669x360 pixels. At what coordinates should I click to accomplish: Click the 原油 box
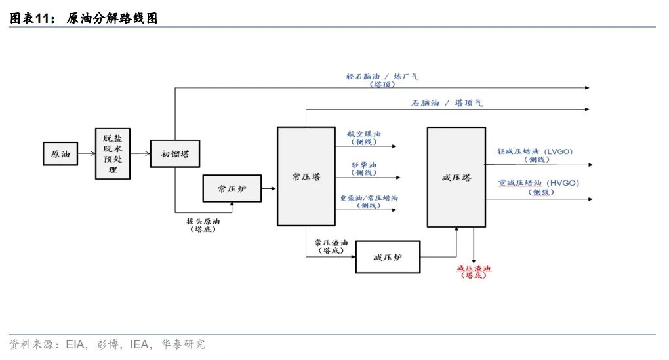[59, 154]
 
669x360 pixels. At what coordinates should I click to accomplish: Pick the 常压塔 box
[306, 177]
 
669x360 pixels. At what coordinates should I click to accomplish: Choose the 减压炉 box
[387, 256]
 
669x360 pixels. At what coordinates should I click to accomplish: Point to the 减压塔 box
[456, 177]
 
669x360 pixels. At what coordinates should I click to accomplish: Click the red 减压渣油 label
[474, 272]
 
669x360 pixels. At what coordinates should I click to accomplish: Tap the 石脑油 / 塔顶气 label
[447, 103]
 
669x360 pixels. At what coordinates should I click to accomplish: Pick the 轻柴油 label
[364, 165]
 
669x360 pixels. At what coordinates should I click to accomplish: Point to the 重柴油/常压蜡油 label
[368, 197]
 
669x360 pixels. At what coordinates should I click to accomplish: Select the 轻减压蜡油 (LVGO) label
[535, 151]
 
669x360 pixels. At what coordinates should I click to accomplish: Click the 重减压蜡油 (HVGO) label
[538, 183]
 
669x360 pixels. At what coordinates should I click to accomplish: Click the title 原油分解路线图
[112, 19]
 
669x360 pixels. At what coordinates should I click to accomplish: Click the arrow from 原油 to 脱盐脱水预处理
[85, 155]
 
